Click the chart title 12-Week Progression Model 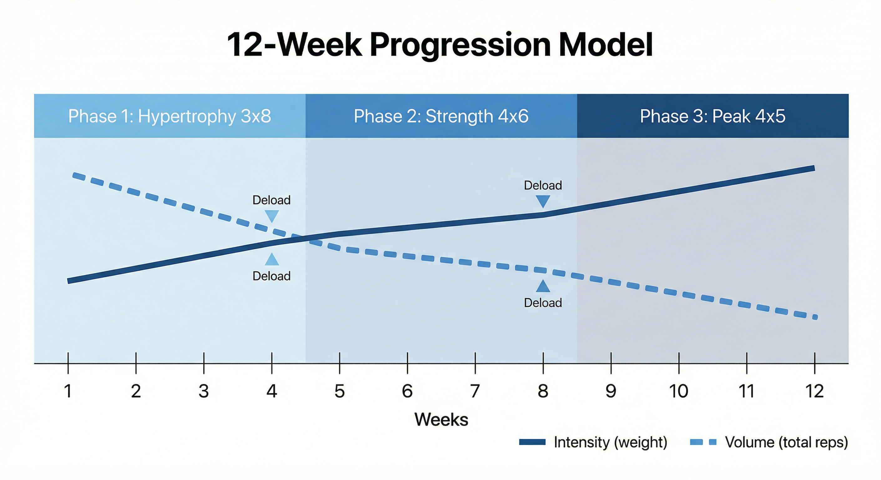point(440,45)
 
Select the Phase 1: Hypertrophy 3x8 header point(170,116)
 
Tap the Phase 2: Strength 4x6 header point(441,116)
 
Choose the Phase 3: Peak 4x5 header point(713,116)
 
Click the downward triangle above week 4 point(272,216)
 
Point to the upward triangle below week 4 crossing point(272,260)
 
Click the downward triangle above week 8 point(543,201)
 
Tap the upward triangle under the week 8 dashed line point(543,287)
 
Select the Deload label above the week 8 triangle point(543,186)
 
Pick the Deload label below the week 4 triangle point(272,276)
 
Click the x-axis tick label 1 point(68,391)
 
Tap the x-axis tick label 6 point(407,391)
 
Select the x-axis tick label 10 point(679,391)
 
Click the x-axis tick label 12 point(815,391)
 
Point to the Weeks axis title point(441,419)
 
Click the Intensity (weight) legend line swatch point(532,442)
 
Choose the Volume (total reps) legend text point(787,442)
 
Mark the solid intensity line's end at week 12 point(813,168)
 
